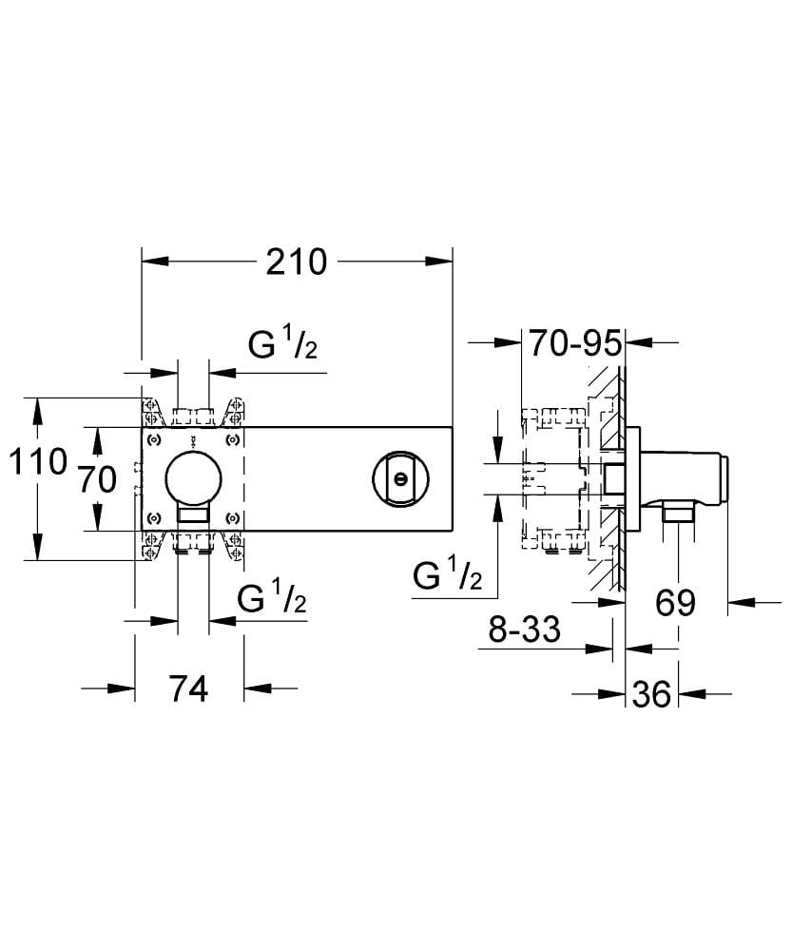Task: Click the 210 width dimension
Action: [296, 261]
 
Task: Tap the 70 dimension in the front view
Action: [97, 478]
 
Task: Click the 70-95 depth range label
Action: [575, 342]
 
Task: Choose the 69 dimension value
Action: [676, 601]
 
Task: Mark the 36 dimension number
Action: [651, 694]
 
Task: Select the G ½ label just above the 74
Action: [271, 600]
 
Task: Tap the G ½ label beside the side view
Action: [448, 576]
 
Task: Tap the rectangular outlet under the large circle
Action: [193, 514]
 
